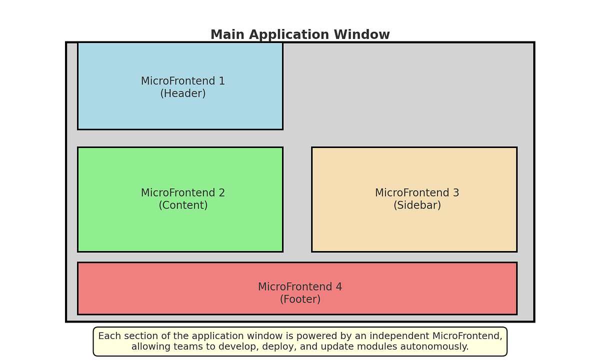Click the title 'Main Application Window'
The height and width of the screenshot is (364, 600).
pos(300,35)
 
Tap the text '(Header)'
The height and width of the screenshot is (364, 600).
pos(183,93)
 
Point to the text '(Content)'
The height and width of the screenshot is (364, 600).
pos(183,205)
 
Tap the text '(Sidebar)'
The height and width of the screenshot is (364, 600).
pos(417,205)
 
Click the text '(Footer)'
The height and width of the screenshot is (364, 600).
pos(300,299)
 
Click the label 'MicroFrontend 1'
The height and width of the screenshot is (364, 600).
pos(183,81)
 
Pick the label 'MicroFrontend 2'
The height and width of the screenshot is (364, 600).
pos(183,193)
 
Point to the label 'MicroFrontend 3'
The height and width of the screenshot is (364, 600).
pos(417,193)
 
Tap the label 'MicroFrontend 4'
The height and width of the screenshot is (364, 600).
pos(300,287)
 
